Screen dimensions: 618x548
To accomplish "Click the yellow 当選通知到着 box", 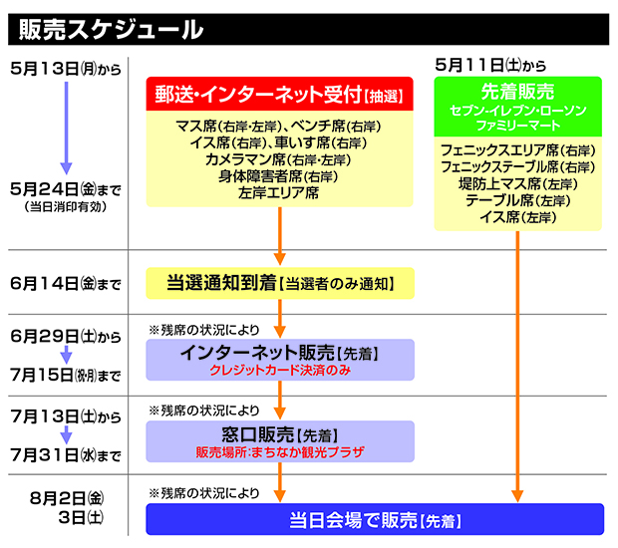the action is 279,284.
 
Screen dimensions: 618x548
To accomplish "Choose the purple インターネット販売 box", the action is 279,360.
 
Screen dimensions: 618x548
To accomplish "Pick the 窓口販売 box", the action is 279,441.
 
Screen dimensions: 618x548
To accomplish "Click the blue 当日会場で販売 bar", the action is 375,520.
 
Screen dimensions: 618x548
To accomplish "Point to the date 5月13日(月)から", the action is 62,68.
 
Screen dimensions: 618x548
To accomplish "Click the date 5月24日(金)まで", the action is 62,187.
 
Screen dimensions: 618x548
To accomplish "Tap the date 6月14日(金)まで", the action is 62,285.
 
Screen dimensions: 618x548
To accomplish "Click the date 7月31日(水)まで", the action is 62,456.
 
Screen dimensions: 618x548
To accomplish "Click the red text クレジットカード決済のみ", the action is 279,370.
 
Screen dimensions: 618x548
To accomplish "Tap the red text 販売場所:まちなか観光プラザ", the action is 279,451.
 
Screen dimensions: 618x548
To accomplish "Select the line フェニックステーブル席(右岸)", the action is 516,167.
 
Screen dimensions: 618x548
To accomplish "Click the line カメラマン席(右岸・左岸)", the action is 279,159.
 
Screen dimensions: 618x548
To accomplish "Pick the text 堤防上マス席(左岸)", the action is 516,184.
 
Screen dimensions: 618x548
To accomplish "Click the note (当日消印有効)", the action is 62,206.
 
